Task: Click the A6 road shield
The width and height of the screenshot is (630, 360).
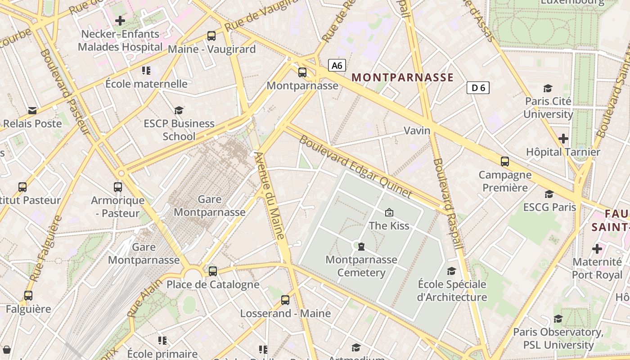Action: pyautogui.click(x=337, y=66)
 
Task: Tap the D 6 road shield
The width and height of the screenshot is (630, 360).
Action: pyautogui.click(x=478, y=88)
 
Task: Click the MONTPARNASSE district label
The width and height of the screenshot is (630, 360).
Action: pyautogui.click(x=402, y=77)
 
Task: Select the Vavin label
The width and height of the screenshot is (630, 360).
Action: pyautogui.click(x=417, y=130)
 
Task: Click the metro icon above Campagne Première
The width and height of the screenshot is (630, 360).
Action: pyautogui.click(x=505, y=162)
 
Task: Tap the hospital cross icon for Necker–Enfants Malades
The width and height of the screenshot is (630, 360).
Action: pyautogui.click(x=120, y=21)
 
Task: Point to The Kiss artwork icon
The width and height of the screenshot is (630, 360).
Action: pyautogui.click(x=389, y=212)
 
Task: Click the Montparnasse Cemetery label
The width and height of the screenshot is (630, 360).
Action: pyautogui.click(x=361, y=266)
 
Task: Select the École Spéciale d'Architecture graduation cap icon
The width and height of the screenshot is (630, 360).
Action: pyautogui.click(x=451, y=271)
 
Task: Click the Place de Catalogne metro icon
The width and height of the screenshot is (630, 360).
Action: pyautogui.click(x=213, y=271)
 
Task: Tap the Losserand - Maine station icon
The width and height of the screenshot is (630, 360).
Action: pyautogui.click(x=285, y=300)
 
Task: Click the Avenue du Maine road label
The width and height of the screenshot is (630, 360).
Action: pyautogui.click(x=270, y=195)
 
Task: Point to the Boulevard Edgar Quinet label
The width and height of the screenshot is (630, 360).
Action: pyautogui.click(x=355, y=167)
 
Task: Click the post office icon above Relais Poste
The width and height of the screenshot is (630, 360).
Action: pyautogui.click(x=32, y=110)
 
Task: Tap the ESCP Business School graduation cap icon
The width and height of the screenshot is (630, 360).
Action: pyautogui.click(x=179, y=110)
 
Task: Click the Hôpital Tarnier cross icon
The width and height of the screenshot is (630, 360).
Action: pyautogui.click(x=563, y=139)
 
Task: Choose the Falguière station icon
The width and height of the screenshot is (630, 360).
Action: pyautogui.click(x=28, y=296)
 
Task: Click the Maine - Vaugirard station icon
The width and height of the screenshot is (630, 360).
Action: pyautogui.click(x=211, y=36)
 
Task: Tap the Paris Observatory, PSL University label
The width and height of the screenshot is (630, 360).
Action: pyautogui.click(x=558, y=338)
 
